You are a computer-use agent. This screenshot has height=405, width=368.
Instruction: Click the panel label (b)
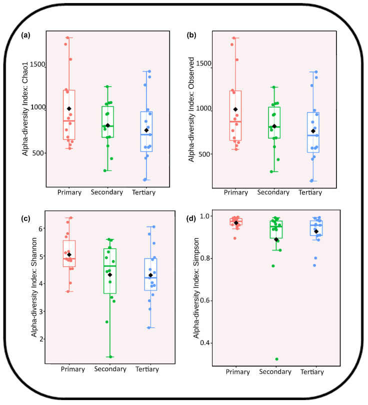point(191,35)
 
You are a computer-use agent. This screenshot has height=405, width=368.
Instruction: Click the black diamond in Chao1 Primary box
point(69,108)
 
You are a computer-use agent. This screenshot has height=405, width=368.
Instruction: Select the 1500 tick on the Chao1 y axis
point(37,64)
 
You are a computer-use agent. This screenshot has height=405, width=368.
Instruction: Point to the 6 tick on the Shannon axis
point(42,228)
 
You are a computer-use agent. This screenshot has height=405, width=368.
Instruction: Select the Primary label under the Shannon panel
point(72,369)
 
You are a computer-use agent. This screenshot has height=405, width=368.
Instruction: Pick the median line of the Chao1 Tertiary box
point(146,134)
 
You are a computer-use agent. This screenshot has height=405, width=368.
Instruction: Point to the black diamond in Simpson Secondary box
point(276,239)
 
